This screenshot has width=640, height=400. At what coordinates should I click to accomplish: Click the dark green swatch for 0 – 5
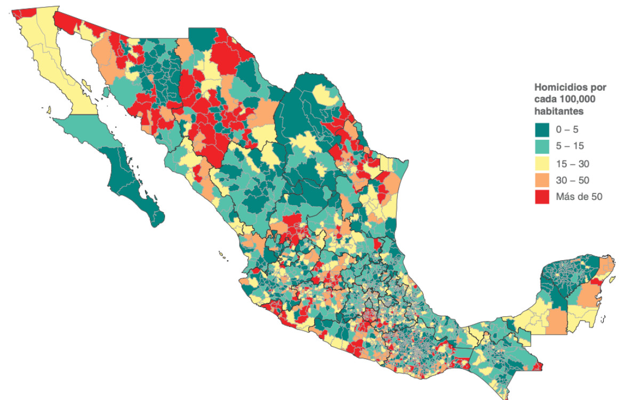(542, 129)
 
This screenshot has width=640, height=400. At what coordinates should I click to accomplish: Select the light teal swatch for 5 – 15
(542, 146)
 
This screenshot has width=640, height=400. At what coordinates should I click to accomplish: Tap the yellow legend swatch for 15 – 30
(542, 163)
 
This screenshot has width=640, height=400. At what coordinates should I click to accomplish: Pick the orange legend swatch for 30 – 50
(542, 180)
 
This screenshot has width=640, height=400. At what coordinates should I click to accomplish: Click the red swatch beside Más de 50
(542, 197)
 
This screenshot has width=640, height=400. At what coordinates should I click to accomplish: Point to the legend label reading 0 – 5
(567, 129)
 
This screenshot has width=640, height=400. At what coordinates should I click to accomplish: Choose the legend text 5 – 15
(570, 146)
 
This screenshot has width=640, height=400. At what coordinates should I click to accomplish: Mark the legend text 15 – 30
(572, 163)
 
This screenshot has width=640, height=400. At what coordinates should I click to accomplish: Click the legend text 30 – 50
(572, 180)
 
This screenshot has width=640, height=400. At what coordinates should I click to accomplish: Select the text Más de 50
(579, 197)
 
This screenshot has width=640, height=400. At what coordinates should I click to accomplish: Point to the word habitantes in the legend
(558, 111)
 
